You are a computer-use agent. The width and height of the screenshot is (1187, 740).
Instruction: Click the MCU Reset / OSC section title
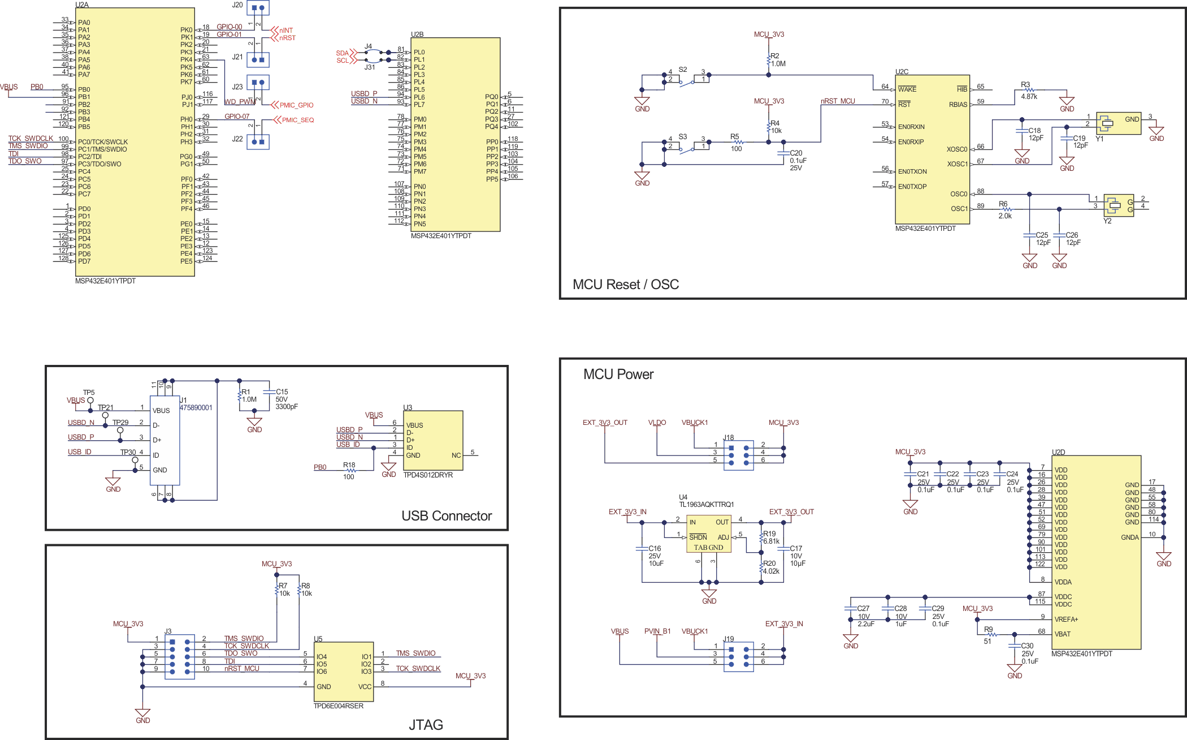[626, 285]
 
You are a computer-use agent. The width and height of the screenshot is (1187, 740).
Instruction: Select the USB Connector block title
[446, 516]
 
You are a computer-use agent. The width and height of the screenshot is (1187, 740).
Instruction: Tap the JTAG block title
[426, 725]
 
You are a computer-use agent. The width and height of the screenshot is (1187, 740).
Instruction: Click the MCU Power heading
[618, 375]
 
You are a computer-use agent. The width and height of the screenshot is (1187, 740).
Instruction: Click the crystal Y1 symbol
[1118, 123]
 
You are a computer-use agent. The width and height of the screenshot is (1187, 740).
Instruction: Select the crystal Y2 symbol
[1118, 205]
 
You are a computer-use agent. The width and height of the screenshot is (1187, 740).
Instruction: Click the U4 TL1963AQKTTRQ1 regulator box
[709, 534]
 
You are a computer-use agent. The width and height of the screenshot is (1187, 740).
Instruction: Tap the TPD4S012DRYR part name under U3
[428, 475]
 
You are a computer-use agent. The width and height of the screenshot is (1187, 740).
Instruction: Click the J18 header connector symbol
[738, 455]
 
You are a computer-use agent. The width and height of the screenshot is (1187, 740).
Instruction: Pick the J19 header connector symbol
[738, 657]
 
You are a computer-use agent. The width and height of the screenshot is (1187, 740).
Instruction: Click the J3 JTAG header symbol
[180, 657]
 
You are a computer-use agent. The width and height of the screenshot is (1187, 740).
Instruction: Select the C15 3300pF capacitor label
[285, 399]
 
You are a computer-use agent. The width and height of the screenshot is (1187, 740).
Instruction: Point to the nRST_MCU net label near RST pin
[838, 101]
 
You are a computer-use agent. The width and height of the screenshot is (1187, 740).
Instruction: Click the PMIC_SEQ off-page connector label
[297, 120]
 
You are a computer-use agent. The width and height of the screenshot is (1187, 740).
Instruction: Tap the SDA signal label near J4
[342, 53]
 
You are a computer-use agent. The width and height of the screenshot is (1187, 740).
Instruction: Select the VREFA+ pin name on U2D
[1066, 619]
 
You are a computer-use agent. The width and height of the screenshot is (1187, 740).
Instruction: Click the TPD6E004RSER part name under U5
[338, 706]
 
